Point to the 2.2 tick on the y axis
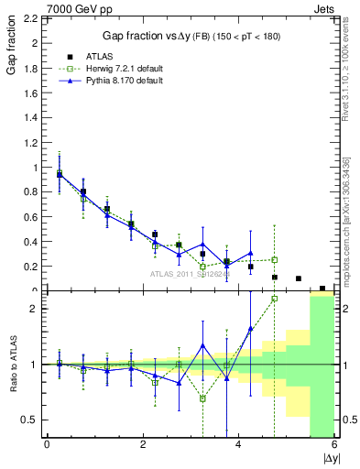click(x=32, y=18)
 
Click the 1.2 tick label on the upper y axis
click(x=32, y=143)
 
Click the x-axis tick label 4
click(x=239, y=446)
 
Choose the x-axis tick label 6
click(x=334, y=446)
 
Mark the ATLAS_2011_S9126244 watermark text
click(x=190, y=272)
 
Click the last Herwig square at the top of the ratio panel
click(x=274, y=299)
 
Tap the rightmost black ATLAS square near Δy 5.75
click(x=322, y=289)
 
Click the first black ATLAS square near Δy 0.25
click(x=60, y=174)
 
